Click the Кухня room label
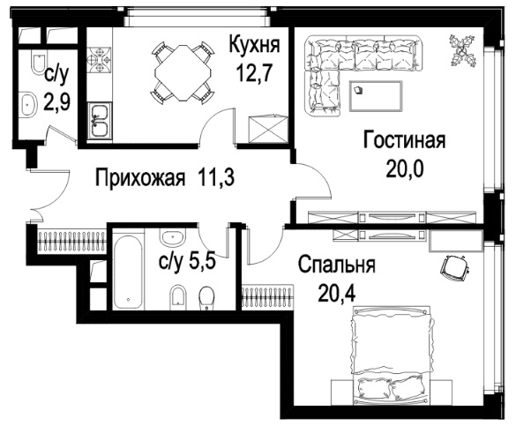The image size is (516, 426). tap(254, 44)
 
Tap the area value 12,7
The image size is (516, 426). tap(254, 72)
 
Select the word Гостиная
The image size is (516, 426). tap(405, 140)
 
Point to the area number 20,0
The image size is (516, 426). tap(405, 168)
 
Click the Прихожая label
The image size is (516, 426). tap(140, 178)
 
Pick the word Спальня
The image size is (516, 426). tap(337, 265)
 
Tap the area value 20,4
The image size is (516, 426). tap(337, 293)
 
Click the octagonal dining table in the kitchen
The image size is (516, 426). tap(183, 73)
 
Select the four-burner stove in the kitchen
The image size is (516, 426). tap(99, 60)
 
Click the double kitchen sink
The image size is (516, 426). tap(100, 120)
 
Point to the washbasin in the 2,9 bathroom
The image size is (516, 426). tap(28, 104)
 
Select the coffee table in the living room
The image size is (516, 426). tap(376, 96)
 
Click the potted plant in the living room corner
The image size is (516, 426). tap(462, 50)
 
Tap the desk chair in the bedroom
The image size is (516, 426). tap(454, 266)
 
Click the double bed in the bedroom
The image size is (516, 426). tap(391, 355)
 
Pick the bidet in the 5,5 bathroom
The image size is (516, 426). tap(178, 297)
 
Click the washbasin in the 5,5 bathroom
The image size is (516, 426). tap(172, 237)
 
